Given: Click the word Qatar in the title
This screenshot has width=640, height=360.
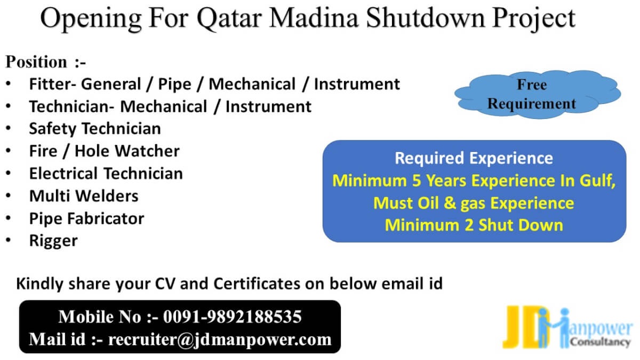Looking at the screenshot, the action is (x=229, y=19).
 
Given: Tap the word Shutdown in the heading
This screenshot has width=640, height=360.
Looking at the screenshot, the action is (x=426, y=18).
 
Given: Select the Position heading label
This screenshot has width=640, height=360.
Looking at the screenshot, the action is (x=36, y=62).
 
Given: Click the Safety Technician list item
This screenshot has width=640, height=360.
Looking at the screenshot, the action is (x=95, y=129).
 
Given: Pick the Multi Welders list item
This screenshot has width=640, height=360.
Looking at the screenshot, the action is (x=84, y=196).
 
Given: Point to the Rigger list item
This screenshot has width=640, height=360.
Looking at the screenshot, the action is (x=53, y=241).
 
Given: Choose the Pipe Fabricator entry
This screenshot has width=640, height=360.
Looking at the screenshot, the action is (x=86, y=219).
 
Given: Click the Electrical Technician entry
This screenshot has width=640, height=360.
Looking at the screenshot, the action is (x=106, y=173).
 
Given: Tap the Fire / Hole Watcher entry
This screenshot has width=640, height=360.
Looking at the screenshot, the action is (x=105, y=151).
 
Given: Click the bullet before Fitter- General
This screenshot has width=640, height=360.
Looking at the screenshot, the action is (x=9, y=84).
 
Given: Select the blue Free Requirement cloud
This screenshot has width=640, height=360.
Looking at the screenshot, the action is (x=538, y=94).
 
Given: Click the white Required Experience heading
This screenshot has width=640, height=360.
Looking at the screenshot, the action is (x=474, y=158).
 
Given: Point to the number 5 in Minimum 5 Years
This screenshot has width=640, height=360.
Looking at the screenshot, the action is (x=417, y=181).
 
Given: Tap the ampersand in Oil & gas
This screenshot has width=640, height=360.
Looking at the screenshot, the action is (x=450, y=203).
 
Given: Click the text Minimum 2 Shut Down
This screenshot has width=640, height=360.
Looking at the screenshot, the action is (x=474, y=225).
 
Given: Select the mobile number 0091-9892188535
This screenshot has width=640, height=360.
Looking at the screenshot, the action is (x=233, y=317).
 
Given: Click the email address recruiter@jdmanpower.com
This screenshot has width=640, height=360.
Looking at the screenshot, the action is (x=220, y=340).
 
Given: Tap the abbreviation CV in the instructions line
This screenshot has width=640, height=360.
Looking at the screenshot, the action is (x=165, y=284).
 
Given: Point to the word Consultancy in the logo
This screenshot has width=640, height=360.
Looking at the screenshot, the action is (x=601, y=342).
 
